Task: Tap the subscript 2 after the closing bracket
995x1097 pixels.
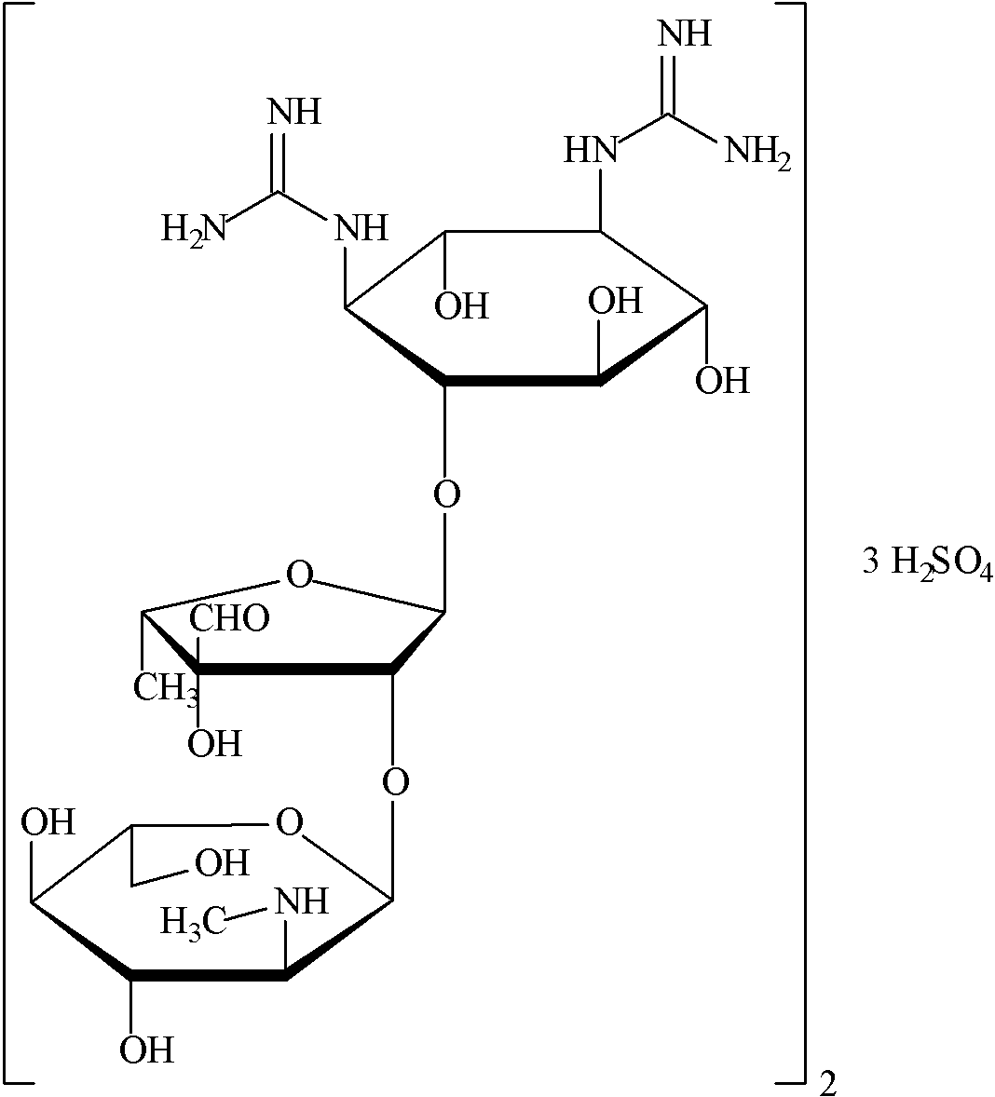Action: coord(825,1083)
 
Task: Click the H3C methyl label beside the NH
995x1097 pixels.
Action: coord(194,922)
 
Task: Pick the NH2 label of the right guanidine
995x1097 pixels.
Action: coord(757,153)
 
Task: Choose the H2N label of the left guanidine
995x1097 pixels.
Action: coord(194,227)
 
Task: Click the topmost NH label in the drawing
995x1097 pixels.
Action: coord(685,34)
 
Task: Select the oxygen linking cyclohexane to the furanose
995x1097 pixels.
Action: coord(447,494)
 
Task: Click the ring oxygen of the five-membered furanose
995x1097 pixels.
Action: coord(298,575)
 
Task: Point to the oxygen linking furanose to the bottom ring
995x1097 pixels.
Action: coord(396,780)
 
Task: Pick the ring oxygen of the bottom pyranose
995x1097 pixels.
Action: coord(290,822)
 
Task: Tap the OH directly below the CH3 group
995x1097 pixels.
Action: coord(215,743)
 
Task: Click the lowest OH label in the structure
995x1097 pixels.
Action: coord(147,1050)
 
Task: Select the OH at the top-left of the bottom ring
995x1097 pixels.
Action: coord(48,823)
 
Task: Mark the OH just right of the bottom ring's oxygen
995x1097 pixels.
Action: coord(223,863)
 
